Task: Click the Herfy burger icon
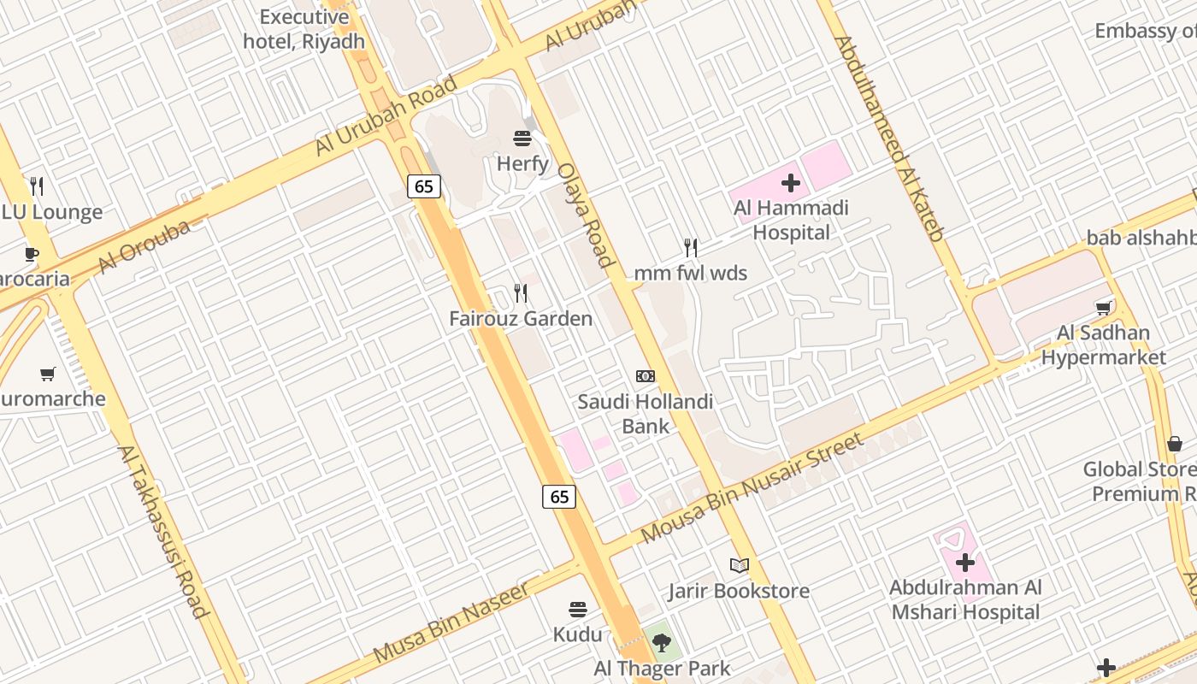(x=522, y=138)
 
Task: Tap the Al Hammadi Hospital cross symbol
(x=791, y=182)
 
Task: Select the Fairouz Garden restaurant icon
(x=521, y=293)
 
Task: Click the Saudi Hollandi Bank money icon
(x=646, y=376)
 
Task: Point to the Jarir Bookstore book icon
(x=739, y=565)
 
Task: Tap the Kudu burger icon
(x=578, y=610)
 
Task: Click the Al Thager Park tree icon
(x=660, y=642)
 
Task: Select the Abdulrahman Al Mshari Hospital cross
(x=965, y=563)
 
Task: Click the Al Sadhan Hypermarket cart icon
(x=1104, y=308)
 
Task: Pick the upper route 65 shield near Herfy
(x=424, y=186)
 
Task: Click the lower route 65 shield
(x=559, y=496)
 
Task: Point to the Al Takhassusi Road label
(x=162, y=531)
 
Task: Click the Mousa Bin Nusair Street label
(x=752, y=488)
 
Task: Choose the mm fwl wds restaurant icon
(x=691, y=248)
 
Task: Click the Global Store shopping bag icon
(x=1175, y=444)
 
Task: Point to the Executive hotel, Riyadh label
(x=304, y=29)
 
